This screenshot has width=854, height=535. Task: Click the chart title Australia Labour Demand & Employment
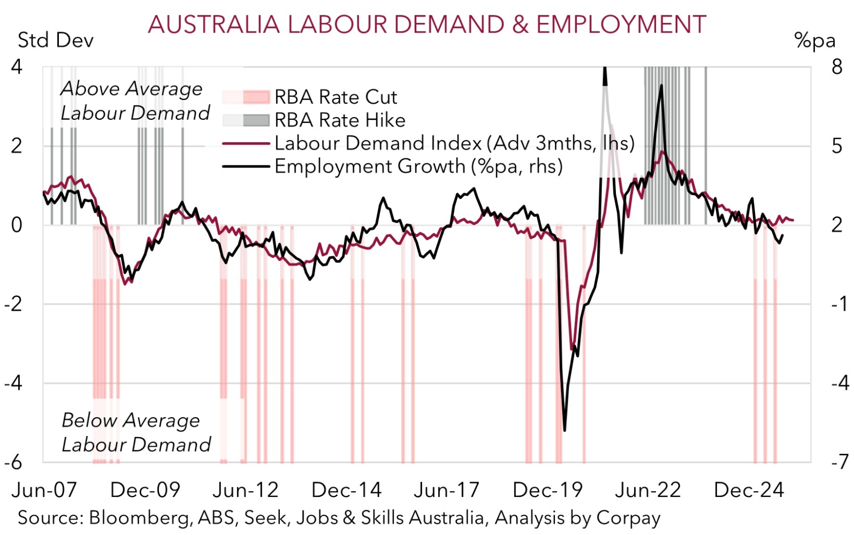(x=427, y=25)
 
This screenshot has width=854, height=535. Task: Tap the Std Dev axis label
(x=56, y=40)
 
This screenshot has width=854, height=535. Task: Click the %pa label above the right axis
(x=815, y=40)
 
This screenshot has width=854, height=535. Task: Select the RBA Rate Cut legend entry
(x=335, y=97)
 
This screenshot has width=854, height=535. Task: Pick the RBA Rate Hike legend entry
(x=340, y=120)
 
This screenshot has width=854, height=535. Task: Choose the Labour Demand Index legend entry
(x=454, y=143)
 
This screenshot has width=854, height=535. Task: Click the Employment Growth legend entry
(x=418, y=166)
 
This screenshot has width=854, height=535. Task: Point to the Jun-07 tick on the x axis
(x=44, y=490)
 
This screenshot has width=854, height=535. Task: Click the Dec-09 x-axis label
(x=145, y=490)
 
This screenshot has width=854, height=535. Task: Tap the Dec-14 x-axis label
(x=346, y=490)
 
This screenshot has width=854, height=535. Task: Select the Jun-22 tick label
(x=647, y=490)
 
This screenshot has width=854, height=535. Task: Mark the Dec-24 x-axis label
(x=749, y=490)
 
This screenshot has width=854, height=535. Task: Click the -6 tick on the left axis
(x=14, y=462)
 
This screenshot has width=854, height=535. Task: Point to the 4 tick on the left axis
(x=17, y=67)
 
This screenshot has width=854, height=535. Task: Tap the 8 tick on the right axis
(x=837, y=67)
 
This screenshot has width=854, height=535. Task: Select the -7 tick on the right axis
(x=839, y=462)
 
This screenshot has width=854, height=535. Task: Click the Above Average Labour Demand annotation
(x=134, y=101)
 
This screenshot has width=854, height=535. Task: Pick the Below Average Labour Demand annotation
(x=136, y=432)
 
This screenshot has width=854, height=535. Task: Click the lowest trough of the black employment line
(x=565, y=430)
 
